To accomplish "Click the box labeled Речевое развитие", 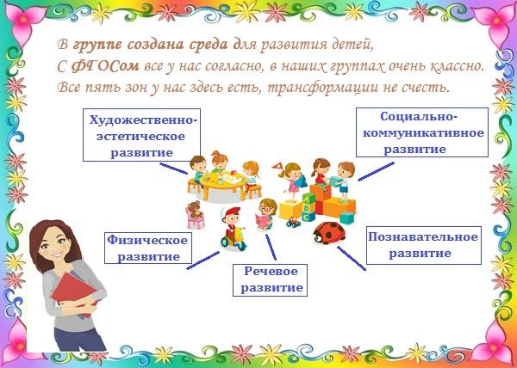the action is click(x=270, y=279).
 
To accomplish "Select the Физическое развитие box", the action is click(x=148, y=248).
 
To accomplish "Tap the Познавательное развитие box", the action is click(x=424, y=245).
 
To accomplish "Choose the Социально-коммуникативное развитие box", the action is click(x=421, y=132).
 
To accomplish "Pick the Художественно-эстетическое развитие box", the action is click(x=142, y=135).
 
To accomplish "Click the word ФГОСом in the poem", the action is click(x=105, y=67).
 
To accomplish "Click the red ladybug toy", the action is click(x=329, y=233).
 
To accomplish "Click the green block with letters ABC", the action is click(x=308, y=207).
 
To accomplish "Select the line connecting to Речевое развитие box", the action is click(x=271, y=247).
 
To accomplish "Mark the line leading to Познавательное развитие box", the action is click(x=352, y=259).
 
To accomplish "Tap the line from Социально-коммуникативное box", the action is click(x=376, y=171).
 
